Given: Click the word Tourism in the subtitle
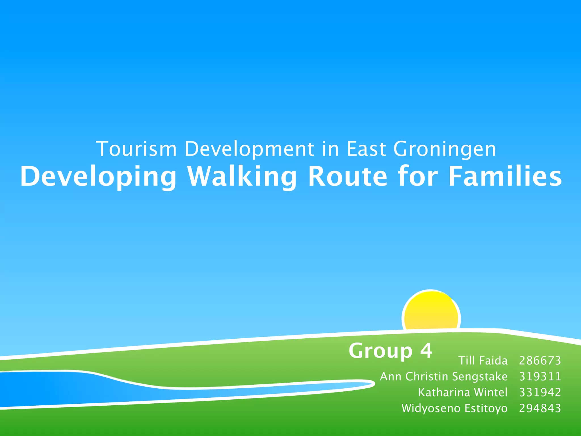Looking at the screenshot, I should pyautogui.click(x=136, y=149).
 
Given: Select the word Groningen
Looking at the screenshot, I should pyautogui.click(x=445, y=149).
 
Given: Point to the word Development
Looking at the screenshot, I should pyautogui.click(x=249, y=149).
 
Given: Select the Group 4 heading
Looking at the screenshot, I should pyautogui.click(x=390, y=351).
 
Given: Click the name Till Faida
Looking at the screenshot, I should pyautogui.click(x=483, y=360).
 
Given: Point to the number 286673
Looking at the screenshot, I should pyautogui.click(x=540, y=360).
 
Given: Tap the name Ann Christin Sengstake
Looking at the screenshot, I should pyautogui.click(x=444, y=377).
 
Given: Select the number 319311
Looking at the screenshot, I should pyautogui.click(x=540, y=377).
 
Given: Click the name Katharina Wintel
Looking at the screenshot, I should pyautogui.click(x=463, y=392).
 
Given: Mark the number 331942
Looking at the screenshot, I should pyautogui.click(x=540, y=392).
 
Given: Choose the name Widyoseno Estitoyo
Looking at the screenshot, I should pyautogui.click(x=454, y=408).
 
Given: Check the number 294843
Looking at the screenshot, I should pyautogui.click(x=540, y=408).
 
